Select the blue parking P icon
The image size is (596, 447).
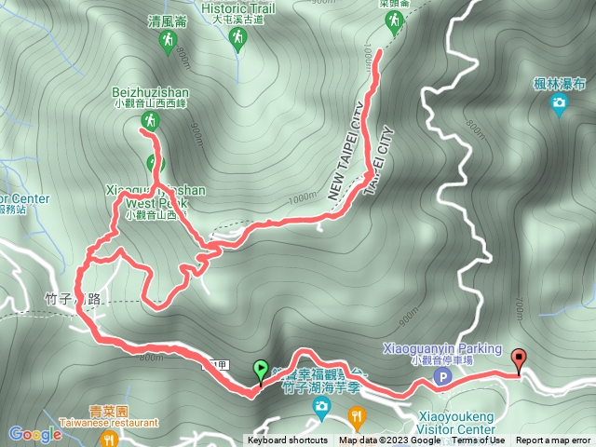444,377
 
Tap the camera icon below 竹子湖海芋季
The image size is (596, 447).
321,406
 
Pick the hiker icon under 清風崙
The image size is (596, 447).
168,40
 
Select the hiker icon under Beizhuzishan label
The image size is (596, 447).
148,121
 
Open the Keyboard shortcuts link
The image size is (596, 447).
287,440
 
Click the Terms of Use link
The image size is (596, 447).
478,440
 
